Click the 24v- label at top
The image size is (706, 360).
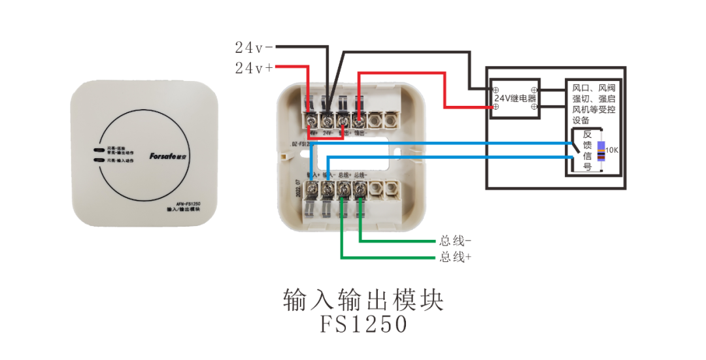point(254,47)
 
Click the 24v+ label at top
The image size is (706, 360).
point(254,67)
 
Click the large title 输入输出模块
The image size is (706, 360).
point(363,300)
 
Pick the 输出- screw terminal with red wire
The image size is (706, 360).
point(358,120)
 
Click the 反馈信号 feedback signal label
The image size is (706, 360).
point(586,150)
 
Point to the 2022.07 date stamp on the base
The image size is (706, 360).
point(299,190)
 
